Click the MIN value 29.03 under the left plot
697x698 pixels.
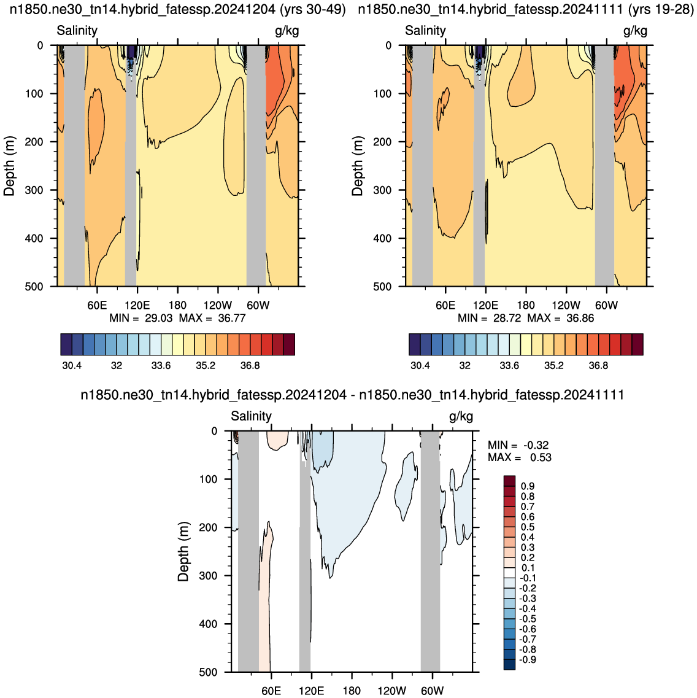(158, 318)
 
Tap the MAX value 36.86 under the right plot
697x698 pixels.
(580, 318)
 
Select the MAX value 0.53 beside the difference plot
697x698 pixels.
(541, 457)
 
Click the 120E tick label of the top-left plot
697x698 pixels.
(137, 305)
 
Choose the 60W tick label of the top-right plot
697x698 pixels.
(606, 305)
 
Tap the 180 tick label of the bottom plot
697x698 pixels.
(352, 691)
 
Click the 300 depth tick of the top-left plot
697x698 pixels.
(34, 190)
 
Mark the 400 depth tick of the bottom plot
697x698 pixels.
(208, 624)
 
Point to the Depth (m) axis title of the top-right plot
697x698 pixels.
(357, 166)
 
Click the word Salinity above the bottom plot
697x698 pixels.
(251, 416)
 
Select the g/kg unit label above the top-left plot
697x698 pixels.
(287, 31)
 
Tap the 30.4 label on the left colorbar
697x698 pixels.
(72, 366)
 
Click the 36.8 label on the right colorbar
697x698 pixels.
(598, 366)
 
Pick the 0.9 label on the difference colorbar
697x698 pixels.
(528, 486)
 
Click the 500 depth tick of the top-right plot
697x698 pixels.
(382, 287)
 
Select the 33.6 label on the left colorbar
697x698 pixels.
(161, 366)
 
